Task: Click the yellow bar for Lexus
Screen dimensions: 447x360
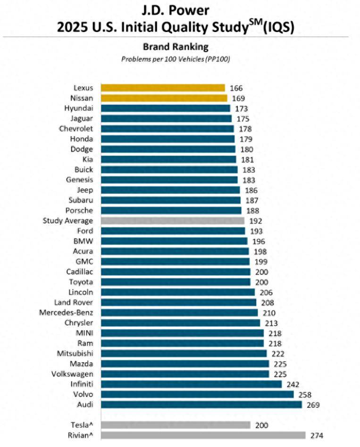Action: coord(163,88)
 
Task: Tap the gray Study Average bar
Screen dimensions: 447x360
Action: coord(172,221)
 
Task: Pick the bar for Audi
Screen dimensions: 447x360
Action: coord(201,405)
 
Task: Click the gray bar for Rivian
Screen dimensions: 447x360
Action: coord(203,435)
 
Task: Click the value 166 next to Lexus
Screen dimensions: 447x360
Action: coord(236,88)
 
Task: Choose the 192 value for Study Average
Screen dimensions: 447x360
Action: coord(256,221)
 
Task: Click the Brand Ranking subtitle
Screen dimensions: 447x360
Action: coord(175,47)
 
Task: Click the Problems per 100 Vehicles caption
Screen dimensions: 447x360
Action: coord(175,59)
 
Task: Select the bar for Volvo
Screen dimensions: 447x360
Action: coord(197,394)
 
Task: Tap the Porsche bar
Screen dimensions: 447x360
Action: coord(171,210)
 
